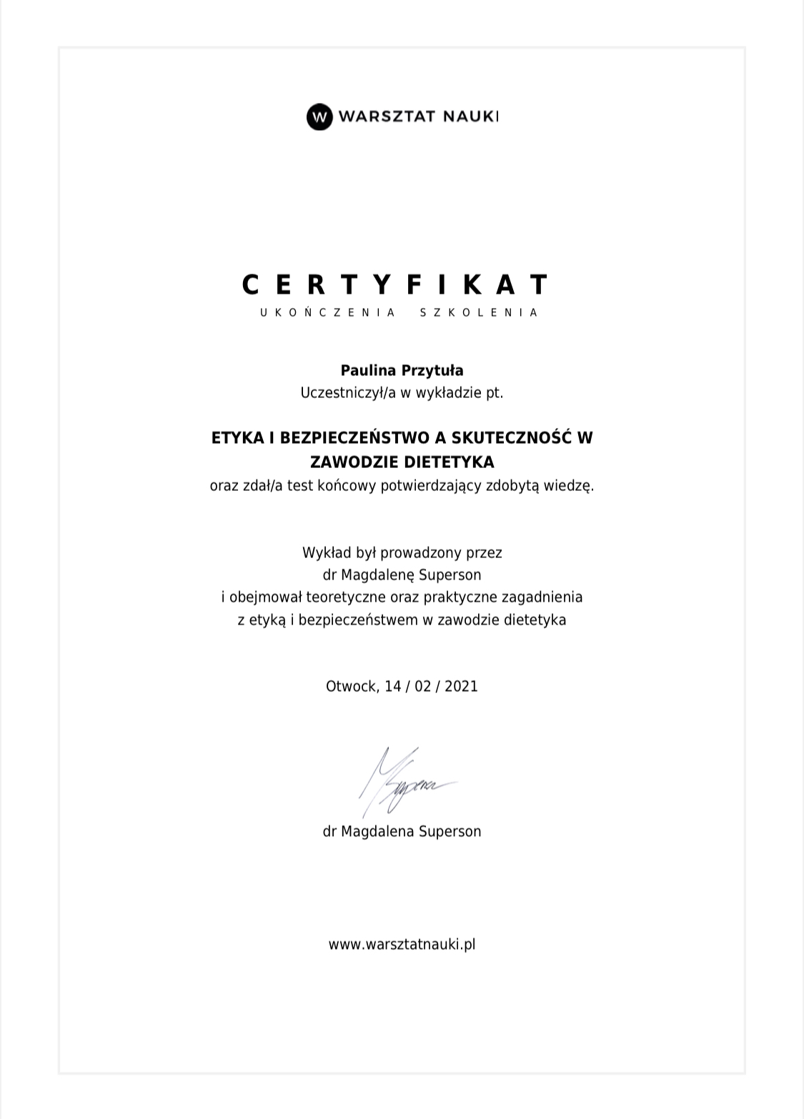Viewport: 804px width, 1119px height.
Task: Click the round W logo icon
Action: click(x=319, y=116)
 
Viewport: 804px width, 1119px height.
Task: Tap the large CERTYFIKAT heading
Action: click(x=395, y=284)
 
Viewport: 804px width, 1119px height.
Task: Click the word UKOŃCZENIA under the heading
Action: click(x=328, y=312)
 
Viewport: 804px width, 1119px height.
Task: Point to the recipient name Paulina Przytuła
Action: click(x=402, y=370)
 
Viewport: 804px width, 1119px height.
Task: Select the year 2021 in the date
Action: click(x=461, y=686)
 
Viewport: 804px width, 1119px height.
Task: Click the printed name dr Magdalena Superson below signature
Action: click(x=402, y=831)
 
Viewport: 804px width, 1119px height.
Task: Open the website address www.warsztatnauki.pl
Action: click(x=402, y=944)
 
